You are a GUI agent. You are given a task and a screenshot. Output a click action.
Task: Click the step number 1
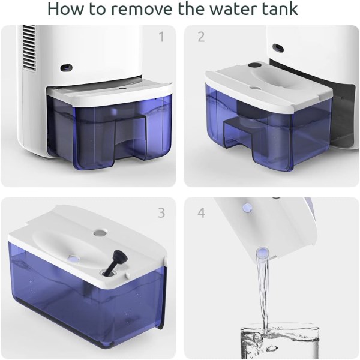click(162, 37)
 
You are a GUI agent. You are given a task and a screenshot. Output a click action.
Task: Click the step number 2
click(201, 37)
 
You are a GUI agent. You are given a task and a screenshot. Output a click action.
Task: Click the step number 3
click(161, 213)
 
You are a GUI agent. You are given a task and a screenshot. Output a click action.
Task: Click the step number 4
click(202, 213)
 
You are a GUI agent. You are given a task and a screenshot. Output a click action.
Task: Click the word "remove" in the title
click(142, 9)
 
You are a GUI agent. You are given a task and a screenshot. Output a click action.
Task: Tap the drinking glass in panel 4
click(280, 341)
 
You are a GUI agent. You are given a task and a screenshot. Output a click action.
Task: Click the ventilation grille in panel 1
click(29, 47)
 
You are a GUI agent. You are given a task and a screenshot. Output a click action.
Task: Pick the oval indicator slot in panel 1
click(66, 67)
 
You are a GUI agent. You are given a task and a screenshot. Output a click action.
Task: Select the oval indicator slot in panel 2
click(278, 49)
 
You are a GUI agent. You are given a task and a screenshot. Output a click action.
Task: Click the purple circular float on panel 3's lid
click(74, 259)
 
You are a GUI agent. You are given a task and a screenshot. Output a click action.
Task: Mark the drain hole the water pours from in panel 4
click(262, 252)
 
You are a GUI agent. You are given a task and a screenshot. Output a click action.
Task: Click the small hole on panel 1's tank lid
click(122, 88)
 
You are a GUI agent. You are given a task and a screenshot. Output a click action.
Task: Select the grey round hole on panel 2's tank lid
click(254, 88)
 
